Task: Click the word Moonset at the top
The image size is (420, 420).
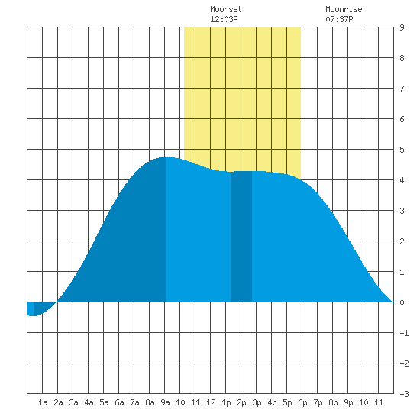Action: [x=226, y=10]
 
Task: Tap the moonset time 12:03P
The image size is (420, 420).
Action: [x=224, y=19]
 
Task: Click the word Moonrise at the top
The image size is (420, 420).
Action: [x=344, y=10]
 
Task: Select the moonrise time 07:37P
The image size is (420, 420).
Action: [x=339, y=19]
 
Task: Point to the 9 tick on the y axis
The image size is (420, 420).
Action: [x=402, y=27]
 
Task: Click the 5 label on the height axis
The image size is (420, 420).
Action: [x=402, y=150]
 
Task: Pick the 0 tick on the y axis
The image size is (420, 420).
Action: [x=402, y=302]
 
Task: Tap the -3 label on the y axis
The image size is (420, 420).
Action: [x=404, y=394]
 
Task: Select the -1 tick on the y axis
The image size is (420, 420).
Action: [x=404, y=333]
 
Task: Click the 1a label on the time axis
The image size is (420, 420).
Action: [x=43, y=402]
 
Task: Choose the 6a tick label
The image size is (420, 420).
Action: [x=119, y=402]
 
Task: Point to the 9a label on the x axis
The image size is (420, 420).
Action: [x=165, y=402]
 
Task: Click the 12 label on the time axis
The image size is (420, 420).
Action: [x=211, y=402]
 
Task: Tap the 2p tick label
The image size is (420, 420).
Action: [x=241, y=402]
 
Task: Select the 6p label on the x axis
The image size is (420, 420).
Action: [x=302, y=402]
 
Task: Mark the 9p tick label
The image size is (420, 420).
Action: [x=348, y=402]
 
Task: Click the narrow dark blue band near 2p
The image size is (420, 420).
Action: [x=241, y=237]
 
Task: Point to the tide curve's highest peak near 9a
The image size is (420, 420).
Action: [x=166, y=157]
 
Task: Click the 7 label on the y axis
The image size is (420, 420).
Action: [x=402, y=89]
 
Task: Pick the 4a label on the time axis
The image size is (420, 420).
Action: [x=89, y=402]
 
